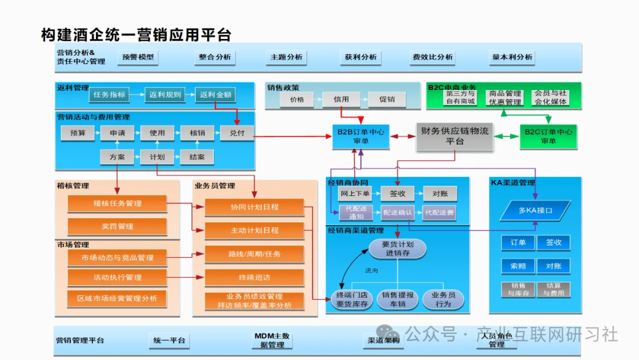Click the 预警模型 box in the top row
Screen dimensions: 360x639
[138, 57]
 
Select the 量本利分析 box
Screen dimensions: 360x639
[512, 57]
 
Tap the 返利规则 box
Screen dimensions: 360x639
[165, 95]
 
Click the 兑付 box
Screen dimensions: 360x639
[237, 133]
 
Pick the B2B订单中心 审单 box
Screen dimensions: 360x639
[360, 137]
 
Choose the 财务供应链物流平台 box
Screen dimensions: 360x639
[454, 136]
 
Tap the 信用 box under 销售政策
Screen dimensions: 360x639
[341, 99]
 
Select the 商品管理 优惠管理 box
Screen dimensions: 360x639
[505, 98]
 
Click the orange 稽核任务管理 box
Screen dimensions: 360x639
[117, 204]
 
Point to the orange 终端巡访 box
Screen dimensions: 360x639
[254, 277]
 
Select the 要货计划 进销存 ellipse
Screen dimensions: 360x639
[398, 249]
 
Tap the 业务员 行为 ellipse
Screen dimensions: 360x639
[443, 300]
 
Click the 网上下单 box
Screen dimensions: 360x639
[355, 194]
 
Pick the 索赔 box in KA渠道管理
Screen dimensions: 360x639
[518, 266]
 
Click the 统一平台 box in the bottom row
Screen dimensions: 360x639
[169, 340]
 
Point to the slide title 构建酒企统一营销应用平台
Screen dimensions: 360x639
[136, 34]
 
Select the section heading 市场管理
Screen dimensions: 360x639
[73, 245]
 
